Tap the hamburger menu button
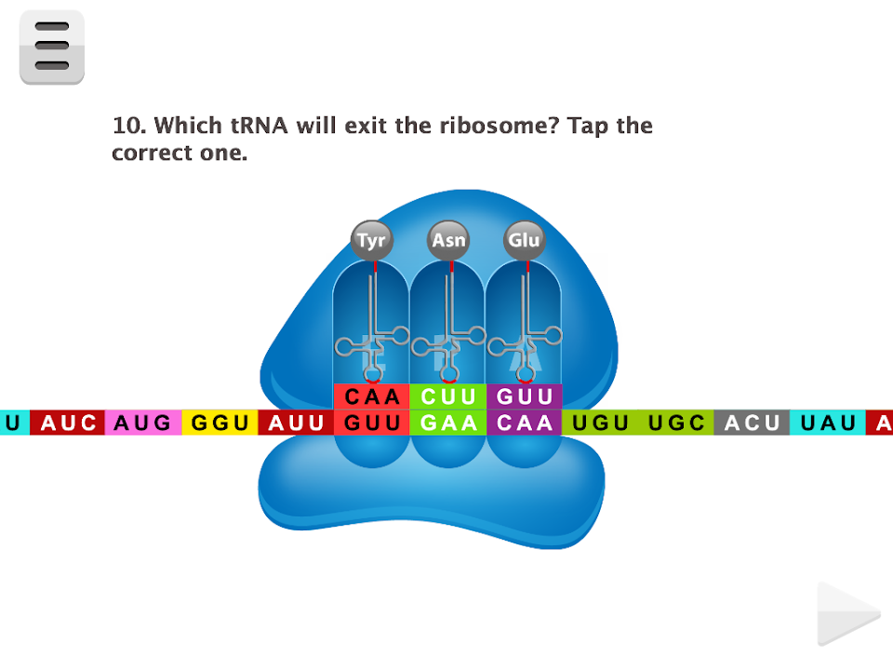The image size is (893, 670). (52, 47)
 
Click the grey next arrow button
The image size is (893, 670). (847, 614)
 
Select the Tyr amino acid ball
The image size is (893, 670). (372, 241)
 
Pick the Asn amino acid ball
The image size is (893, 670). (448, 241)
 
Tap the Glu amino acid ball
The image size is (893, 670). (524, 241)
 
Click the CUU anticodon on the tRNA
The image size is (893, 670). (448, 396)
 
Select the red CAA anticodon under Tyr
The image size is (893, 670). (372, 396)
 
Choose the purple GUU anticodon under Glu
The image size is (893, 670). (525, 396)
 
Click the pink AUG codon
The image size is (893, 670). (143, 422)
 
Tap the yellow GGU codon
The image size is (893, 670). (220, 422)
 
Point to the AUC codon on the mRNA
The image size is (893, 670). (68, 422)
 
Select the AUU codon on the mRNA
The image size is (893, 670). (296, 422)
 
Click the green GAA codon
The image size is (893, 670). (448, 422)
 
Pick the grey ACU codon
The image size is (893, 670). (752, 422)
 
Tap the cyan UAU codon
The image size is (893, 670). (828, 422)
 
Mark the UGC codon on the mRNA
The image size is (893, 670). (676, 422)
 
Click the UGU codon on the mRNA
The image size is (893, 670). (601, 422)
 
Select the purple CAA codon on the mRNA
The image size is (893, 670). (525, 422)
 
